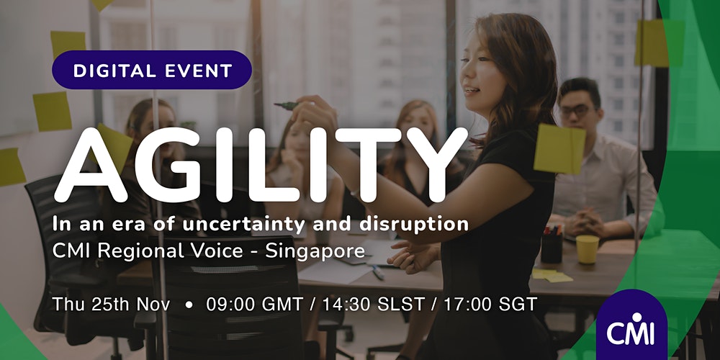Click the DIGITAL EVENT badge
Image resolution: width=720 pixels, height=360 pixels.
(x=151, y=70)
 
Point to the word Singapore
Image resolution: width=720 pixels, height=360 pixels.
(x=315, y=251)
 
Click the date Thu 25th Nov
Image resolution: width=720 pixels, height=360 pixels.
(x=111, y=304)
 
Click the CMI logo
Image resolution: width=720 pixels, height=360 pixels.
(x=631, y=325)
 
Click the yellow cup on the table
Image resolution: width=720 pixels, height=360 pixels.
(x=588, y=249)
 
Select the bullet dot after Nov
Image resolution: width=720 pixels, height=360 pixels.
(x=188, y=305)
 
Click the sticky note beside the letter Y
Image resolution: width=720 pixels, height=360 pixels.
(x=559, y=149)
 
